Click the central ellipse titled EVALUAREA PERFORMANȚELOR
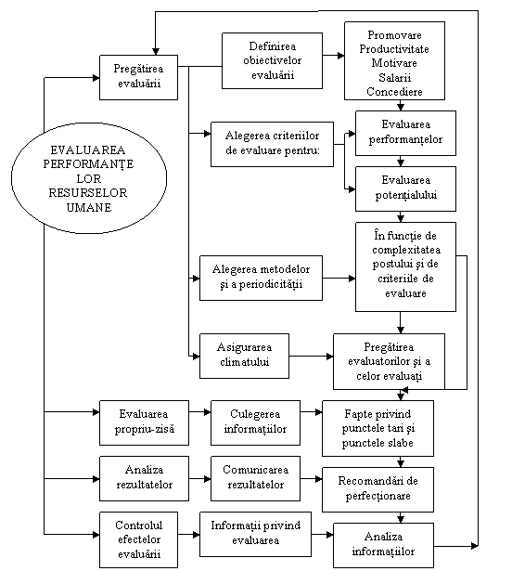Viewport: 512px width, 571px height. [89, 178]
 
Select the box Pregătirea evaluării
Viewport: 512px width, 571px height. [138, 77]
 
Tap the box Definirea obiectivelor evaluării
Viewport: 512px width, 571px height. [272, 60]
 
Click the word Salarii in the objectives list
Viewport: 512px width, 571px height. [394, 77]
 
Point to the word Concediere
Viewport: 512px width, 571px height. [394, 91]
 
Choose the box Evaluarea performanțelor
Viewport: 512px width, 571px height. [405, 133]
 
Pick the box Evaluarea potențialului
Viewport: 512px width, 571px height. [405, 188]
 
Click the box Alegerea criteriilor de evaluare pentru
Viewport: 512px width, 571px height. [272, 144]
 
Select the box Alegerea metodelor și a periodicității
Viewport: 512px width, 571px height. [261, 278]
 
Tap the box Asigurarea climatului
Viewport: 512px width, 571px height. [244, 356]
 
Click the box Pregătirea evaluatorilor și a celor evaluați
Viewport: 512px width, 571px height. [389, 361]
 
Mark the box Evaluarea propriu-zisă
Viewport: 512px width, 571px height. [144, 422]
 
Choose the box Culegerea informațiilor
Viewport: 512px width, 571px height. [255, 422]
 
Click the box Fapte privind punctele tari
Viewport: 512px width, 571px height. [378, 428]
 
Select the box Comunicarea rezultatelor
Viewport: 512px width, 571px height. [255, 478]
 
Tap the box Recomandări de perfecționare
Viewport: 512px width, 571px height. [378, 489]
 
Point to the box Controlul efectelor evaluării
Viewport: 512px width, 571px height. [138, 539]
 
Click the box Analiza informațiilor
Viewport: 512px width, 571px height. [384, 545]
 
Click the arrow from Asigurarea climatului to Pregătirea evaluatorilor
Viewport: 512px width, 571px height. [311, 357]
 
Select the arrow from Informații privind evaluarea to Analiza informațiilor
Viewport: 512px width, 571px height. [322, 535]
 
